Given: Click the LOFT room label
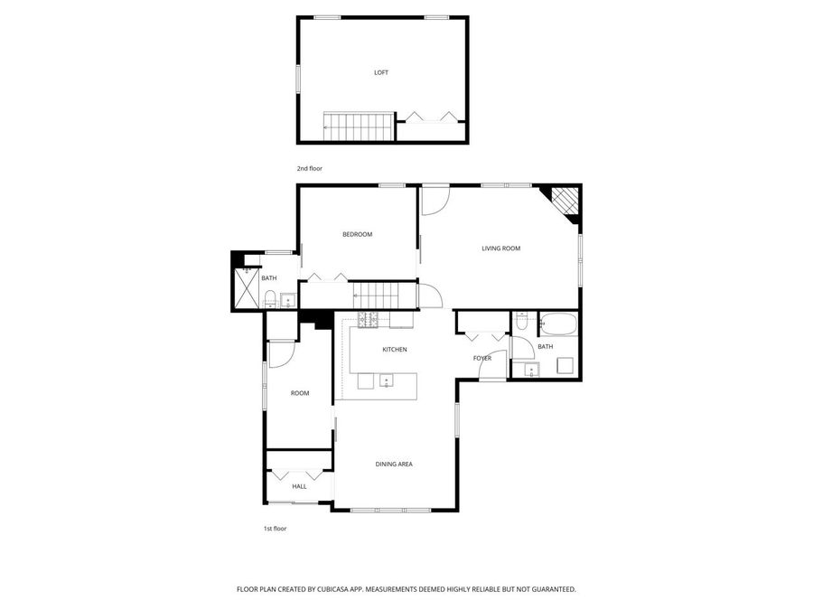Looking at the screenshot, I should click(x=381, y=72).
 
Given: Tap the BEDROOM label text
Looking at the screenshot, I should click(x=357, y=235).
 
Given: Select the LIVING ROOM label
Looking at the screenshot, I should click(x=500, y=249).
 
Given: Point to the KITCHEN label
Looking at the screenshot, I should click(x=395, y=350).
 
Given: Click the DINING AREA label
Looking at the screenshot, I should click(x=394, y=465).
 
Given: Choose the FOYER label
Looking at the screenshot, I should click(x=482, y=359).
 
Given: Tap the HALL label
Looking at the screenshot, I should click(x=299, y=486).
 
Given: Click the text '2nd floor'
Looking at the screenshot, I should click(x=309, y=169).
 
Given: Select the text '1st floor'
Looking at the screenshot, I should click(x=275, y=529).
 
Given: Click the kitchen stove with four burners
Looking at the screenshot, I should click(x=368, y=319).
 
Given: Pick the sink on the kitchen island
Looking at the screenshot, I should click(x=386, y=380).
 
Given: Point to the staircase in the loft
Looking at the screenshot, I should click(x=358, y=127).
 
